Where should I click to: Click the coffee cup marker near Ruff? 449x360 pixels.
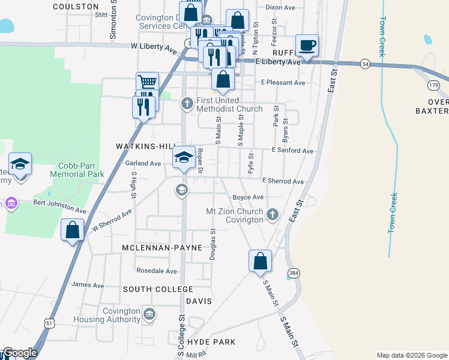tap(307, 46)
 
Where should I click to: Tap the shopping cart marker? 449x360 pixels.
tap(147, 83)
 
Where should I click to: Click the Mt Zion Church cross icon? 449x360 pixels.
tap(273, 214)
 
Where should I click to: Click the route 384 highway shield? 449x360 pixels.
tap(294, 273)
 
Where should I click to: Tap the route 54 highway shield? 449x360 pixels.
tap(365, 64)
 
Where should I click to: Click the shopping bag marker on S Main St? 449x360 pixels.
tap(261, 261)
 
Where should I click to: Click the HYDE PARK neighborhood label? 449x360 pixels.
tap(211, 341)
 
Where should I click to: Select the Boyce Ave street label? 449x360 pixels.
tap(249, 197)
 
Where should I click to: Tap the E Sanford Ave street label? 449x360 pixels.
tap(293, 151)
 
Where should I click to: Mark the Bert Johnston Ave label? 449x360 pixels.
tap(59, 207)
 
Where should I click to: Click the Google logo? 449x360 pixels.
tap(20, 353)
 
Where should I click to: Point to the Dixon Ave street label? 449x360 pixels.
tap(280, 7)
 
